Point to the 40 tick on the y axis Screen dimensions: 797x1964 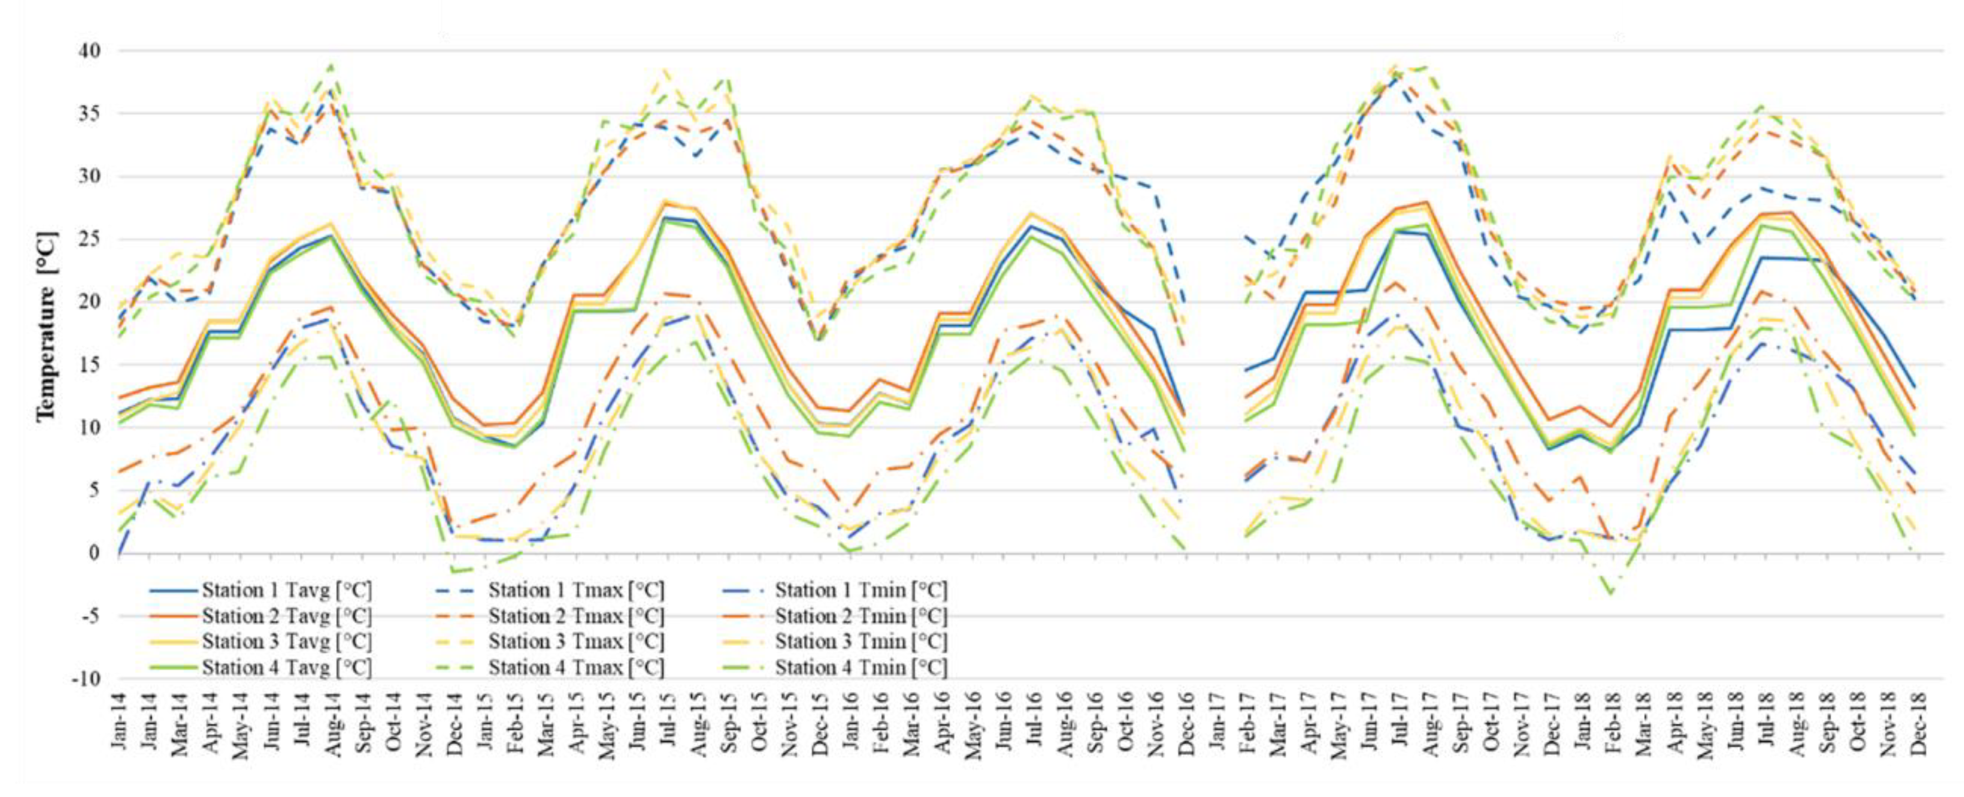tap(90, 51)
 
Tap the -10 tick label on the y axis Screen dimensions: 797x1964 tap(85, 678)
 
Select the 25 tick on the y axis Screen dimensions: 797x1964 tap(90, 239)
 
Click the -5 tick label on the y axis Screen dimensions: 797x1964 tap(90, 616)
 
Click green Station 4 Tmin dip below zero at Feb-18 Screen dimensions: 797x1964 tap(1611, 594)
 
